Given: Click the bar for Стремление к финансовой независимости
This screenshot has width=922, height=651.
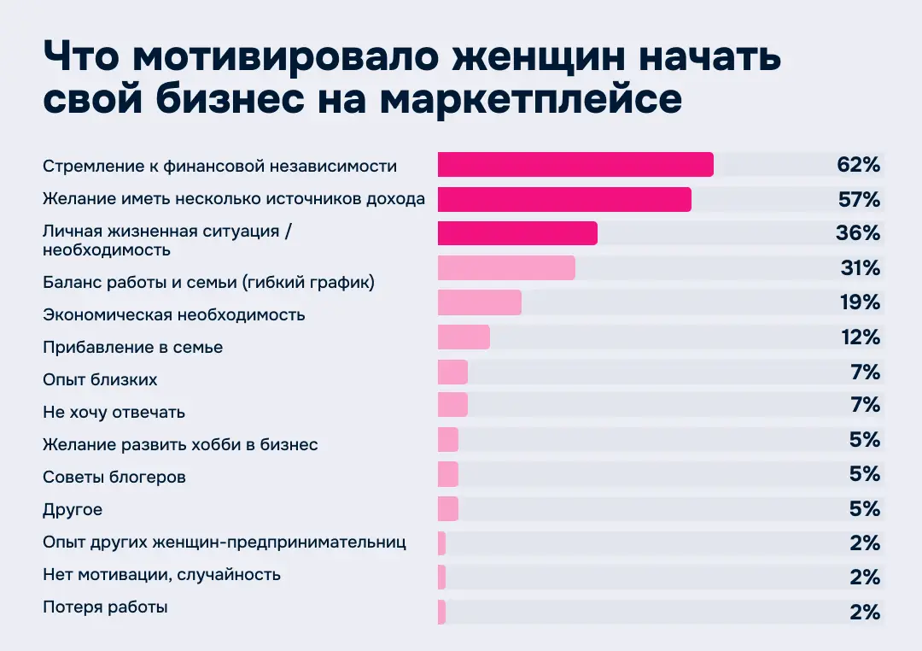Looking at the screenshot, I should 575,165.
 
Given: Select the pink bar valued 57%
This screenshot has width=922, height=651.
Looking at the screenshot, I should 564,199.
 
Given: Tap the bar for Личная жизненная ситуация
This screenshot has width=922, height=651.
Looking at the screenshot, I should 517,233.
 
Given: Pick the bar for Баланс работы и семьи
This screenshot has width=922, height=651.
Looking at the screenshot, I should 506,267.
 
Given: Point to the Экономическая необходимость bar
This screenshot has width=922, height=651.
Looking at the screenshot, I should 479,302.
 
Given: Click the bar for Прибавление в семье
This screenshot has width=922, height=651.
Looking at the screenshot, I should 464,337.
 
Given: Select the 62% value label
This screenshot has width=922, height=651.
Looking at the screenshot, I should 858,165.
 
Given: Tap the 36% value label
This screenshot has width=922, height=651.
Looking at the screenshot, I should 858,233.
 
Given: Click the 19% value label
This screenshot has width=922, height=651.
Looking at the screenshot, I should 859,302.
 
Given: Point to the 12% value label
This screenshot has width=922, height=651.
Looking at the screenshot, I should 859,337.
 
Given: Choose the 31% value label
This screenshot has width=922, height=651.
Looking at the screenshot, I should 859,267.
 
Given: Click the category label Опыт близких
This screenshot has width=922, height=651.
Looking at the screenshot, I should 100,379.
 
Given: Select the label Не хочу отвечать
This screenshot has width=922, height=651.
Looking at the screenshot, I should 114,412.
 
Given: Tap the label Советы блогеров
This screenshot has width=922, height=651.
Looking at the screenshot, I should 114,477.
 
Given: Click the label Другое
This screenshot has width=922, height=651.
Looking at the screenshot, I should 73,509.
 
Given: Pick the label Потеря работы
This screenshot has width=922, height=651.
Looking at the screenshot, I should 105,607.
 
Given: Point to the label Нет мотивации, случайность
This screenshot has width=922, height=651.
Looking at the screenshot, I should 161,575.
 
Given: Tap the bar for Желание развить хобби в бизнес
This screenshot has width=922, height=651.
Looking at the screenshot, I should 448,440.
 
